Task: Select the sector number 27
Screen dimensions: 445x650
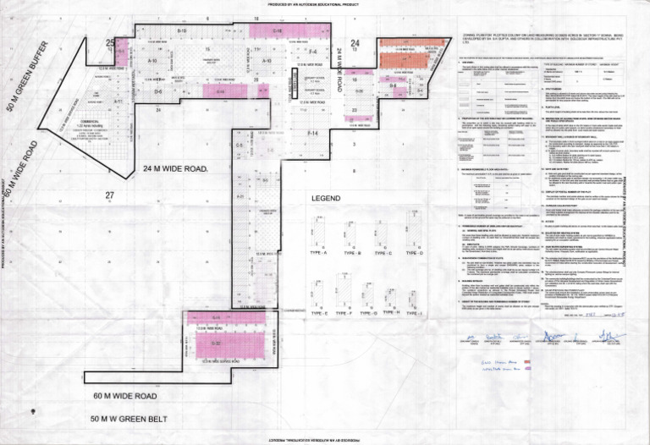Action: (109, 195)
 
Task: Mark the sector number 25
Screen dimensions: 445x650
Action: (109, 42)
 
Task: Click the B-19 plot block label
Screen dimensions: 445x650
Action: (181, 30)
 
